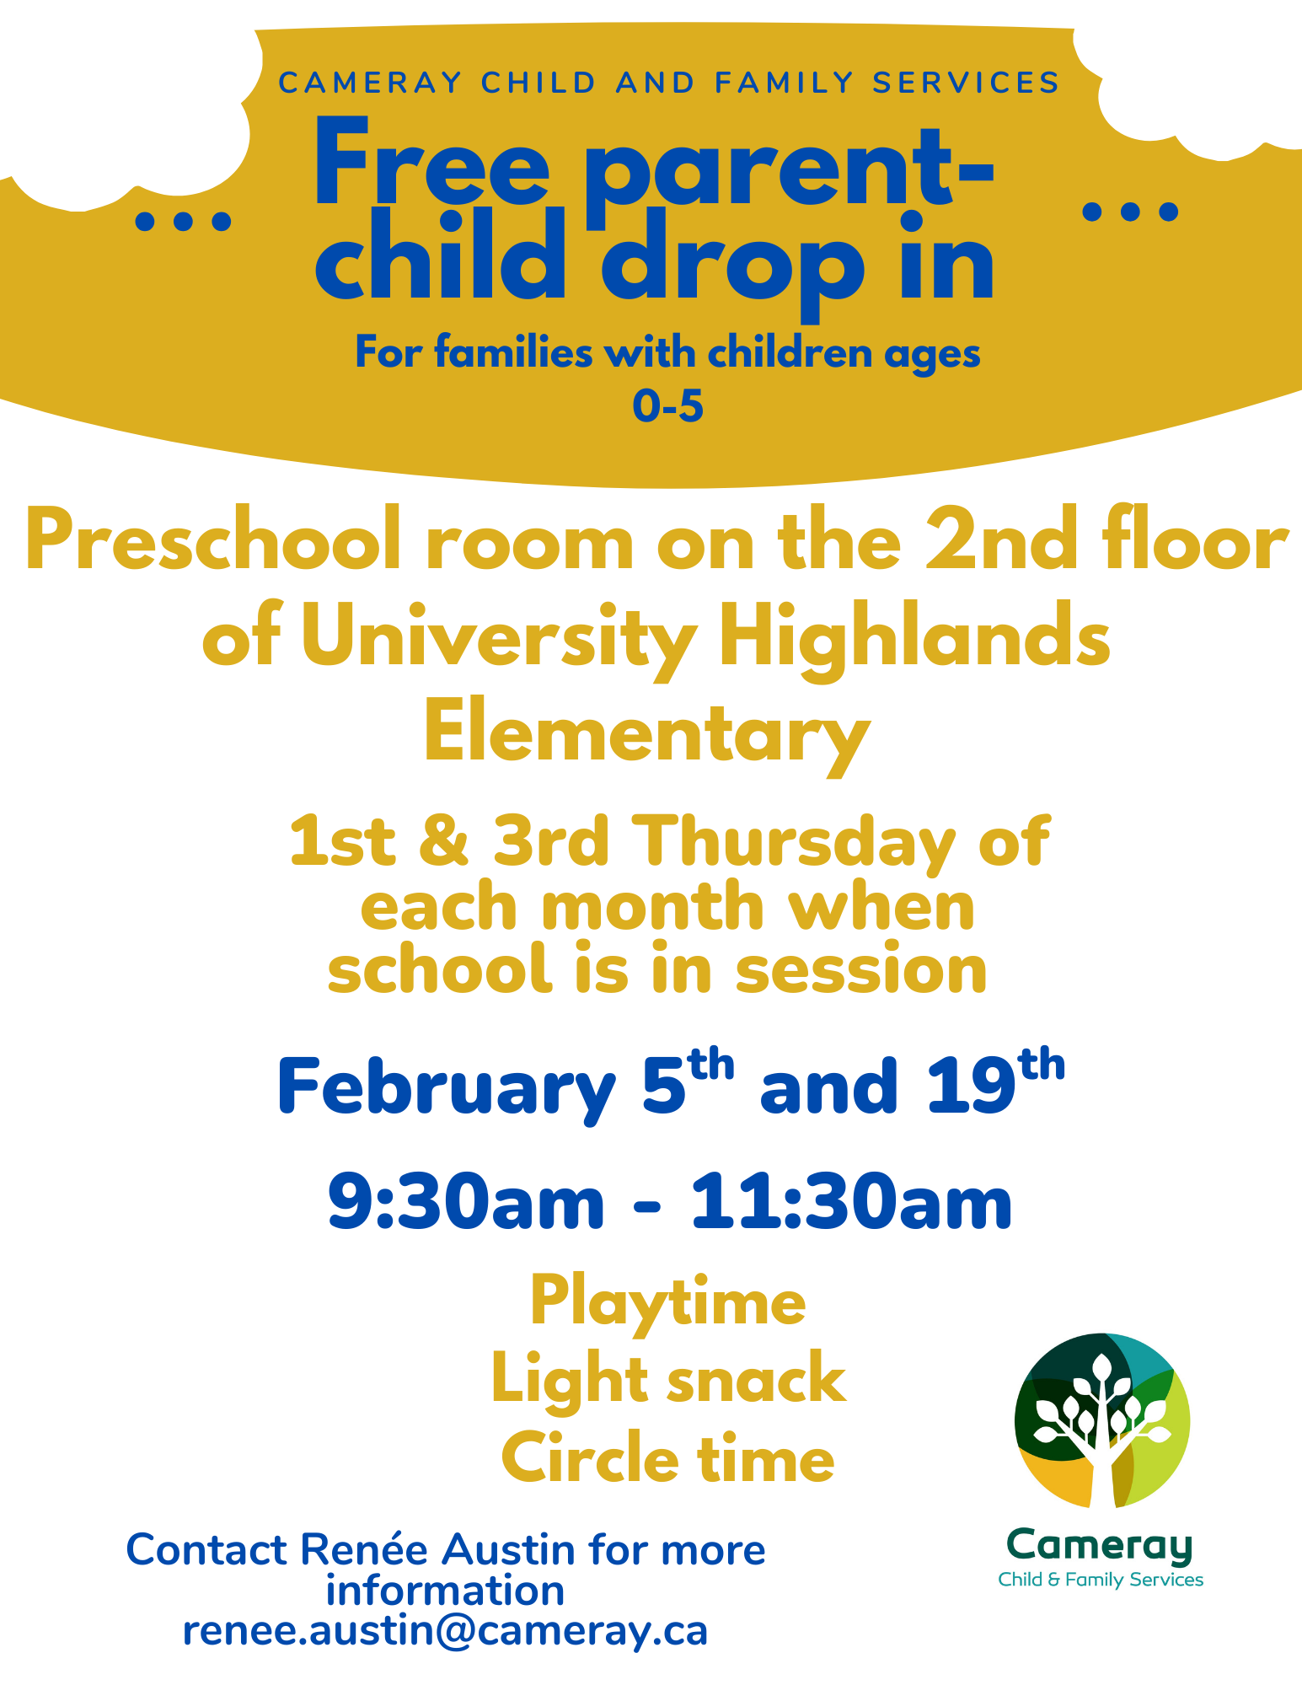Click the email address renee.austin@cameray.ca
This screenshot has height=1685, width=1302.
[445, 1632]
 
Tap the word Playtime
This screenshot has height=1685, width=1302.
[668, 1303]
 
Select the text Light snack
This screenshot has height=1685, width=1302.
[668, 1379]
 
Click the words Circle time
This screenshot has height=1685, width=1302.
[668, 1458]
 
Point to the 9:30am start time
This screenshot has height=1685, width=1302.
[466, 1202]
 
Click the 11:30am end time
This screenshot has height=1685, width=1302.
[851, 1202]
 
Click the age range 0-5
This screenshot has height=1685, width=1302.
[667, 406]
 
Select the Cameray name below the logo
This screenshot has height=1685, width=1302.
[1101, 1546]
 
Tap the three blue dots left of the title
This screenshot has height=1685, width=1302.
[183, 221]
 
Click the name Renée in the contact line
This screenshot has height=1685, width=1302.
[367, 1549]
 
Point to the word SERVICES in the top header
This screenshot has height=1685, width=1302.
[966, 83]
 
